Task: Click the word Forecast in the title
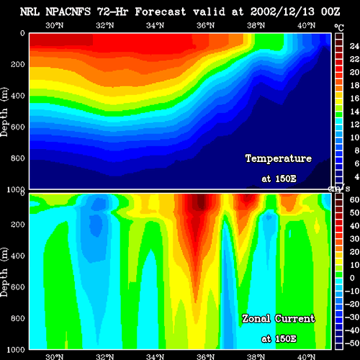(x=161, y=12)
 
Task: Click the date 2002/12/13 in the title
(x=282, y=12)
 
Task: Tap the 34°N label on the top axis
(x=155, y=25)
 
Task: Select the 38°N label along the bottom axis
(x=256, y=356)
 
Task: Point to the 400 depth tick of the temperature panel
(x=18, y=96)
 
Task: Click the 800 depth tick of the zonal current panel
(x=18, y=318)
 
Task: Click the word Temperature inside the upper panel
(x=279, y=158)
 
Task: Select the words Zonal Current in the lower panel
(x=279, y=319)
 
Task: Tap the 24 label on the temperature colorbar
(x=354, y=46)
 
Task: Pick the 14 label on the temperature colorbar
(x=354, y=112)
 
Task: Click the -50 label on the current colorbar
(x=352, y=343)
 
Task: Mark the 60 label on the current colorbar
(x=354, y=199)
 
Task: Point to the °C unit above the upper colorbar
(x=339, y=28)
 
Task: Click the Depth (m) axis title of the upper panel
(x=4, y=112)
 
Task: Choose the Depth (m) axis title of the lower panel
(x=4, y=272)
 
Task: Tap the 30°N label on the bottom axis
(x=54, y=356)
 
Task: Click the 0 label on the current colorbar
(x=352, y=278)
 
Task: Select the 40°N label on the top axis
(x=306, y=25)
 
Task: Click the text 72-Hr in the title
(x=112, y=12)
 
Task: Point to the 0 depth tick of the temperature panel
(x=22, y=33)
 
